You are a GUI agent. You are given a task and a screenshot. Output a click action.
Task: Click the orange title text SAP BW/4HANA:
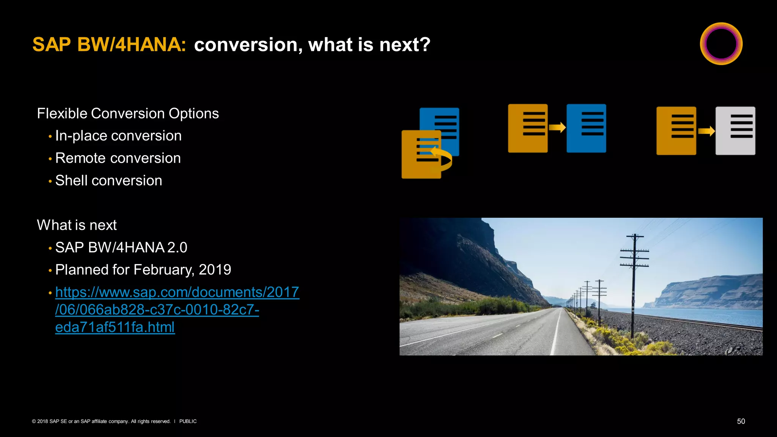coord(109,45)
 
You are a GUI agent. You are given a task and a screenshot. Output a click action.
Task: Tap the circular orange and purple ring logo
coord(721,44)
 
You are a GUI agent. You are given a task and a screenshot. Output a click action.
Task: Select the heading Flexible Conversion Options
coord(128,113)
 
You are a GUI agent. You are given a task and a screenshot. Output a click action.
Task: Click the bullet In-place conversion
coord(118,136)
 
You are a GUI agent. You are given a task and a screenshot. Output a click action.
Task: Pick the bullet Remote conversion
coord(118,158)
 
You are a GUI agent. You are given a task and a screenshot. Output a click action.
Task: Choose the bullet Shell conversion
coord(109,181)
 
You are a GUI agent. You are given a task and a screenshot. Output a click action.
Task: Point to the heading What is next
coord(77,225)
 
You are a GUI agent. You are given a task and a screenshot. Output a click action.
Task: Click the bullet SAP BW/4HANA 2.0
coord(121,247)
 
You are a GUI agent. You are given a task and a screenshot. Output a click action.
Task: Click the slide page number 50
coord(741,421)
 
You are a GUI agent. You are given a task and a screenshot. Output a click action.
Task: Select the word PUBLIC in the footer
coord(188,421)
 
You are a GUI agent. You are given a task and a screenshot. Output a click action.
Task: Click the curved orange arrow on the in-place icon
coord(442,157)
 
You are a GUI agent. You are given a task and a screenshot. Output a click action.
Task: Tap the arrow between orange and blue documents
coord(557,127)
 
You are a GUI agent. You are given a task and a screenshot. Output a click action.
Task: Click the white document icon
coord(735,131)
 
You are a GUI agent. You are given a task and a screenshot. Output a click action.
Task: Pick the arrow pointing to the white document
coord(706,131)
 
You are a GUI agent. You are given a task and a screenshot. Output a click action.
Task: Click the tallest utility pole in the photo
coord(634,285)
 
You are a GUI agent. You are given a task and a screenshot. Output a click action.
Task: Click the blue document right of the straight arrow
coord(586,128)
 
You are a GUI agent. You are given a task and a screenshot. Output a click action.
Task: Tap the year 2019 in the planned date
coord(215,270)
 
